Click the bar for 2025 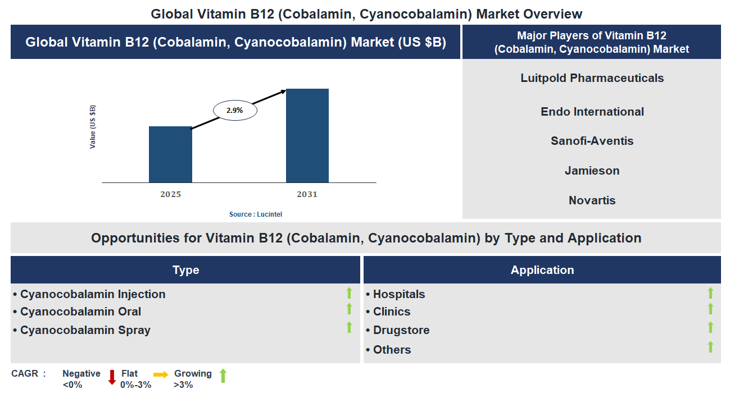click(x=170, y=154)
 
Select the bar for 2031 click(x=307, y=135)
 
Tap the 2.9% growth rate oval click(x=235, y=111)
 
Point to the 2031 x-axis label click(x=307, y=194)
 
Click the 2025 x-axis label click(x=170, y=194)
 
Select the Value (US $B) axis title click(x=93, y=127)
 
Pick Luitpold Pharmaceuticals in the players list click(x=592, y=78)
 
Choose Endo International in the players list click(x=592, y=112)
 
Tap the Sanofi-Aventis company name click(x=592, y=141)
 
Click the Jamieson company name click(x=592, y=171)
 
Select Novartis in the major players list click(x=592, y=200)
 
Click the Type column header click(x=185, y=270)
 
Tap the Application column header click(x=542, y=270)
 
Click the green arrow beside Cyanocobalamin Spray click(x=349, y=327)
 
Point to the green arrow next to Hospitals click(x=710, y=292)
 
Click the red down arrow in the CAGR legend click(x=112, y=377)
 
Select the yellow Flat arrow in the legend click(x=161, y=375)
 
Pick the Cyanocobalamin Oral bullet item click(x=80, y=312)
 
